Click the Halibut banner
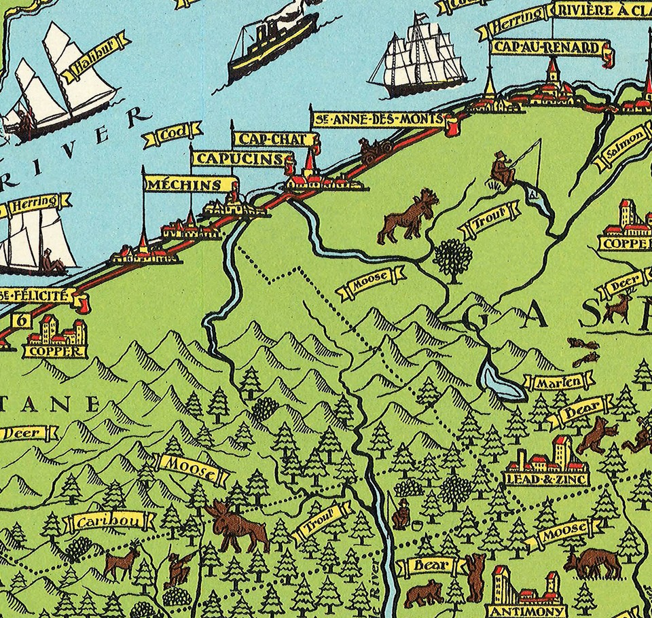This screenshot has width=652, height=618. tap(94, 54)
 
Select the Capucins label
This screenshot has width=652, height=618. tap(239, 159)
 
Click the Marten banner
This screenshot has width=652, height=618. tap(553, 382)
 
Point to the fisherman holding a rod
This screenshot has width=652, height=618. tap(503, 170)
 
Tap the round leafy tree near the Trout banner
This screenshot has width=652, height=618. tap(452, 257)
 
